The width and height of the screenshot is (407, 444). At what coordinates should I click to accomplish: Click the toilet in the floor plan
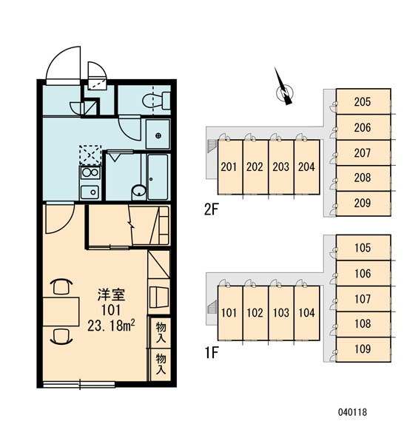[x=156, y=101]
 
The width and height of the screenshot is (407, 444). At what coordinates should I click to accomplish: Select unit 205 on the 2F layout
[x=363, y=101]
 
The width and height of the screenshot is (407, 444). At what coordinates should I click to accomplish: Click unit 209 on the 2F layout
[x=363, y=203]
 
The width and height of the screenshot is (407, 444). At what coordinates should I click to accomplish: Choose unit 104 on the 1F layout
[x=307, y=313]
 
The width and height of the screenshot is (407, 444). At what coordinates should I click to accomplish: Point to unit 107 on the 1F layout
[x=363, y=299]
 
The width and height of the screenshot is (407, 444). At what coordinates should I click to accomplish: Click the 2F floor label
[x=212, y=210]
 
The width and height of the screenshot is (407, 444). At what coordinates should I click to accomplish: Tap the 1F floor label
[x=212, y=353]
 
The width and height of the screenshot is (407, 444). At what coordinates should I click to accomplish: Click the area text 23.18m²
[x=111, y=326]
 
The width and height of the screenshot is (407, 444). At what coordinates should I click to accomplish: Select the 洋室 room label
[x=111, y=295]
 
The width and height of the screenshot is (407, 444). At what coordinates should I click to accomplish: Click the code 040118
[x=352, y=412]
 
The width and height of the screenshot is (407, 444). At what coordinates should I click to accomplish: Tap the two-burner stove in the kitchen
[x=90, y=172]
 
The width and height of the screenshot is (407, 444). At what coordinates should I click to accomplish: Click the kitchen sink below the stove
[x=90, y=192]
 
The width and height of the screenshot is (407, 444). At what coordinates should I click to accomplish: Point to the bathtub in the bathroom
[x=158, y=177]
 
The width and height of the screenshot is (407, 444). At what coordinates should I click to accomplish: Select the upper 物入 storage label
[x=161, y=333]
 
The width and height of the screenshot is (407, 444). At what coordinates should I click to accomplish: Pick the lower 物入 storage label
[x=161, y=364]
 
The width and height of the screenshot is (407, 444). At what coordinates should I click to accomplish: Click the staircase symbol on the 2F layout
[x=212, y=146]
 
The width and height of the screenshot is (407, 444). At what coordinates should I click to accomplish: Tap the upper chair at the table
[x=61, y=286]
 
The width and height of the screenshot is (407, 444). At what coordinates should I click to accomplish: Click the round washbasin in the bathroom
[x=139, y=192]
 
